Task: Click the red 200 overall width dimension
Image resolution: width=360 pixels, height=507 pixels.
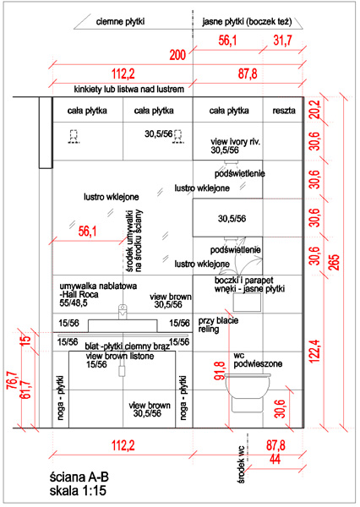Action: coord(178,55)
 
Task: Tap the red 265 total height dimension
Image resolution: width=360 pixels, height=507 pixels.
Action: coord(335,262)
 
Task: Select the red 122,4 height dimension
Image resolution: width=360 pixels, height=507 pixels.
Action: coord(315,351)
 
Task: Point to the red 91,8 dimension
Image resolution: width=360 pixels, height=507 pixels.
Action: coord(220,370)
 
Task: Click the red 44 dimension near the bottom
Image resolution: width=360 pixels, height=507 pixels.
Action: coord(275,459)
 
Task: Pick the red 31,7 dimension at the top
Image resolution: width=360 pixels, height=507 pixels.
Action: coord(283,41)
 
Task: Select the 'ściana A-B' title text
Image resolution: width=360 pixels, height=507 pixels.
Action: coord(79,477)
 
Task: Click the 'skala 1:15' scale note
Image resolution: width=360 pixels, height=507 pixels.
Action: coord(78,490)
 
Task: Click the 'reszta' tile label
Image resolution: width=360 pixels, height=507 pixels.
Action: coord(284,111)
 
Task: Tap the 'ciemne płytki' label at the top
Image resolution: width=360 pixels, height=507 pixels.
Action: coord(120,22)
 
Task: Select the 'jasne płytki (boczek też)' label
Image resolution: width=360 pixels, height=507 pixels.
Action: coord(247,22)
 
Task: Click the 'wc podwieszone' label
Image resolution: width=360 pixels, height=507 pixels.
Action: coord(258,360)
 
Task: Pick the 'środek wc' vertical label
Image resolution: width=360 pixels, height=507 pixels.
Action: coord(241,464)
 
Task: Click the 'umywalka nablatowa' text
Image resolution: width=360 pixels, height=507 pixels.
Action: coord(98,286)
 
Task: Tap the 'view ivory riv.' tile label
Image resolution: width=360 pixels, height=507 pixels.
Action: coord(236,142)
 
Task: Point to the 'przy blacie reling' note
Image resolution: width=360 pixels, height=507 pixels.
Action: coord(218,325)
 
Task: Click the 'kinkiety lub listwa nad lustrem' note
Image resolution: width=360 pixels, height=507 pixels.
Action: coord(129,90)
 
